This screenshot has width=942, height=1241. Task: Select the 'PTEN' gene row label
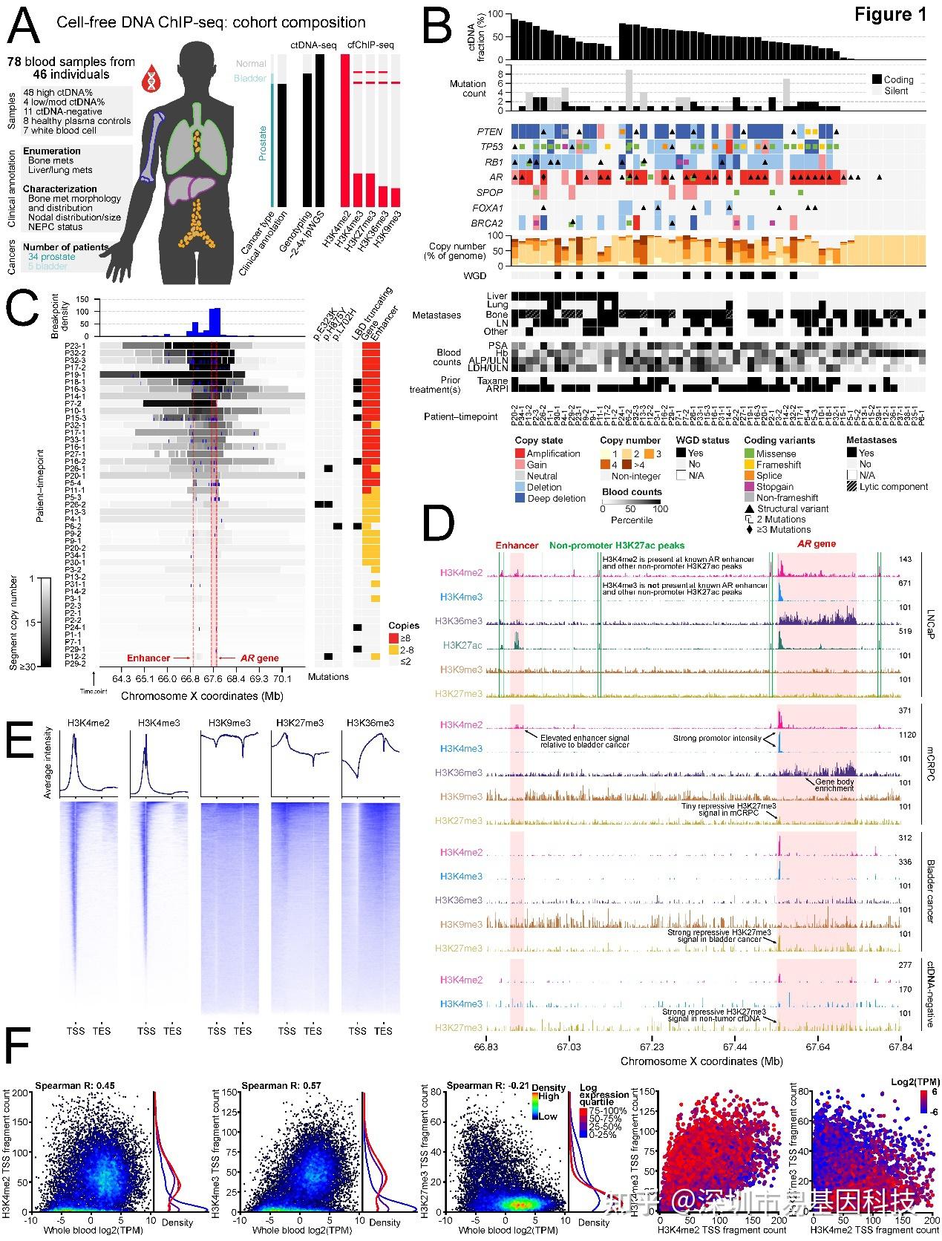click(490, 132)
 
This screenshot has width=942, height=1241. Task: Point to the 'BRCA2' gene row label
click(488, 223)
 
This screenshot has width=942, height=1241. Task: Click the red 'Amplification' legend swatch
click(520, 453)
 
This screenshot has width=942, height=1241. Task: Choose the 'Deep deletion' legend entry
click(556, 499)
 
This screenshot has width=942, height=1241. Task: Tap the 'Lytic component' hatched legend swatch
click(851, 487)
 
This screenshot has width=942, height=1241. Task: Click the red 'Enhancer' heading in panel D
click(517, 545)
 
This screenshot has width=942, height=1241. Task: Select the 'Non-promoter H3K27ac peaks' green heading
click(617, 545)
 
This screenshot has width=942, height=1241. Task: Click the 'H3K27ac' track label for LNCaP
click(462, 646)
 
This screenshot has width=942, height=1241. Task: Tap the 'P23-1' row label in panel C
click(75, 346)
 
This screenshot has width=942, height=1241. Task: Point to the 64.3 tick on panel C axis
click(122, 678)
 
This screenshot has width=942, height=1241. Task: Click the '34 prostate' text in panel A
click(52, 257)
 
